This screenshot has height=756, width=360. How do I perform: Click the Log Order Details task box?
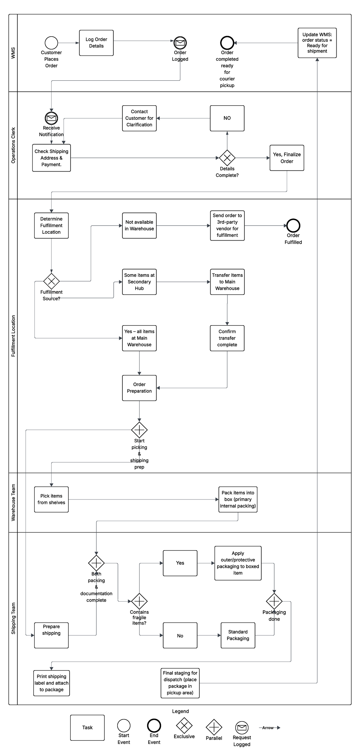point(96,43)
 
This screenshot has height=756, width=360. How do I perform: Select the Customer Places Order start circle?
point(51,43)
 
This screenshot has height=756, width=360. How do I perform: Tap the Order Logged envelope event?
point(180,43)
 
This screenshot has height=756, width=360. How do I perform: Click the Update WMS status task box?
point(317,43)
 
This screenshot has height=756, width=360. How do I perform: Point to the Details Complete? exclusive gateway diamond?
point(227,158)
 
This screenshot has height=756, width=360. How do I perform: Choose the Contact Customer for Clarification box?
point(139,118)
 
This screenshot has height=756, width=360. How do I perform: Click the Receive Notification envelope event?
point(51,118)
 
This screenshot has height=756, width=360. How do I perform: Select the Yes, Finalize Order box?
point(287,158)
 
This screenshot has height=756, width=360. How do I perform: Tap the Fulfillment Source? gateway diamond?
point(51,281)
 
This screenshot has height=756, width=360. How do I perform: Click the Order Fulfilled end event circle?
point(293,226)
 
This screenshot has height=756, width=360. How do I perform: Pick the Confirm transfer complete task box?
point(227,338)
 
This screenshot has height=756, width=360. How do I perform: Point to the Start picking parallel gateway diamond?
point(139,430)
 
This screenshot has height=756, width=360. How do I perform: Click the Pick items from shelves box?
point(51,499)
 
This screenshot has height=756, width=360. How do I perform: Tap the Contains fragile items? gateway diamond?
point(139,601)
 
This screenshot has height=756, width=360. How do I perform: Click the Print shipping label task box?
point(51,683)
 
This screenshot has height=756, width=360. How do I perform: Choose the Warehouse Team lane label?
point(13,502)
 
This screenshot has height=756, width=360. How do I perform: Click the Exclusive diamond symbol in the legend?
point(184,725)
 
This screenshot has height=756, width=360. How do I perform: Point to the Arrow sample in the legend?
point(269,727)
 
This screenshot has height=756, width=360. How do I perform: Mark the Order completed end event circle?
point(227,43)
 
